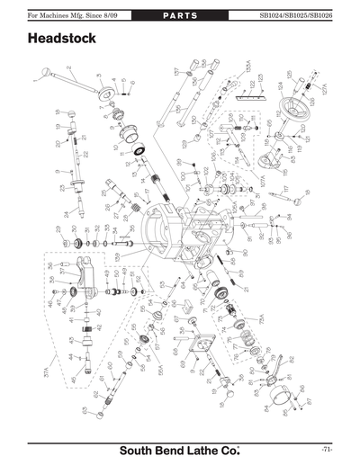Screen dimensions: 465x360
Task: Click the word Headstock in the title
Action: click(x=67, y=40)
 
